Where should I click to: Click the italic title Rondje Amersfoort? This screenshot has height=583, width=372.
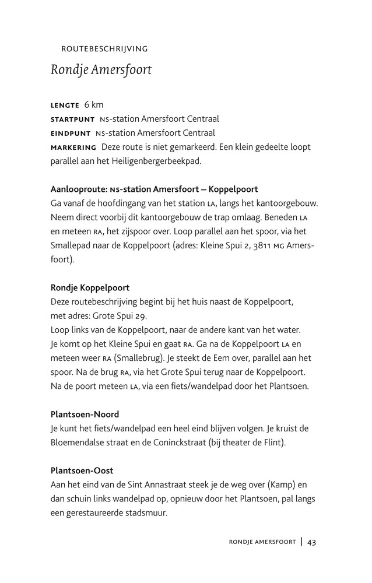pos(101,70)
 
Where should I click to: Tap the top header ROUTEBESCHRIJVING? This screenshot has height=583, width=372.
pos(104,49)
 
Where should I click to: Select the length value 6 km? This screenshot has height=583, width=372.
pos(94,105)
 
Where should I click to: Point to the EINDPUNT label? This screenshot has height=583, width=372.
pos(71,134)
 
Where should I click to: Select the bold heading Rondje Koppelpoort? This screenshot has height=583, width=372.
pos(90,288)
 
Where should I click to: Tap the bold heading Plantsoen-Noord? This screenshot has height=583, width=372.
pos(85,415)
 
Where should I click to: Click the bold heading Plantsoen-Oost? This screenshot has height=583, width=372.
pos(82,470)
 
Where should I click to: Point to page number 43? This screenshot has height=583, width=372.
pos(312,542)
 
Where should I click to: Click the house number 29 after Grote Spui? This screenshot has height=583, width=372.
pos(142,316)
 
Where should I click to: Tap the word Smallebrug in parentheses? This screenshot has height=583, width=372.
pos(141,358)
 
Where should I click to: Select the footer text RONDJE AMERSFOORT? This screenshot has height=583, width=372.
pos(262,543)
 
